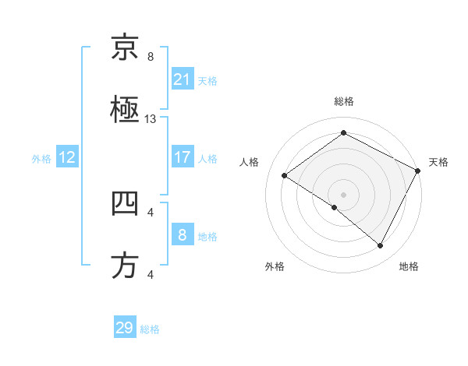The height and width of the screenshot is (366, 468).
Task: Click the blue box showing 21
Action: click(x=182, y=79)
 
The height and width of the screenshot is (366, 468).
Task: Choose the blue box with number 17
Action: click(x=182, y=157)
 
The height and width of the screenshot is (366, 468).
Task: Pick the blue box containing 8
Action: click(x=182, y=234)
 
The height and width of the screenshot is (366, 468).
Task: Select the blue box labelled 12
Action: click(x=67, y=157)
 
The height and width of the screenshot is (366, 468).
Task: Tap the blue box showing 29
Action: click(x=125, y=328)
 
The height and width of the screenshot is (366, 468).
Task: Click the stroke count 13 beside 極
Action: click(x=151, y=119)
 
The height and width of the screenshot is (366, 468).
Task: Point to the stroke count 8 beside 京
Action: click(x=151, y=57)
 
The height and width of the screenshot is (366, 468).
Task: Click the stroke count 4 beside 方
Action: click(x=151, y=274)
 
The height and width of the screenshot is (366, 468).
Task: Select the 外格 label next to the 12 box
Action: click(x=41, y=158)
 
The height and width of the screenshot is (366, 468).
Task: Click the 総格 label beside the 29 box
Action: click(x=150, y=329)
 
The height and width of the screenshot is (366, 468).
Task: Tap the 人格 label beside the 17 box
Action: click(x=207, y=158)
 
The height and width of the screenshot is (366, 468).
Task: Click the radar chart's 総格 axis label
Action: click(x=343, y=101)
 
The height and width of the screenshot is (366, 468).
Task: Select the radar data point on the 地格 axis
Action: click(x=381, y=246)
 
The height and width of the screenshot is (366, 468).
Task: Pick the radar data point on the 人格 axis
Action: click(x=284, y=175)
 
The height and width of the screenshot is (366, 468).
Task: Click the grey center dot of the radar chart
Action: click(x=343, y=194)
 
